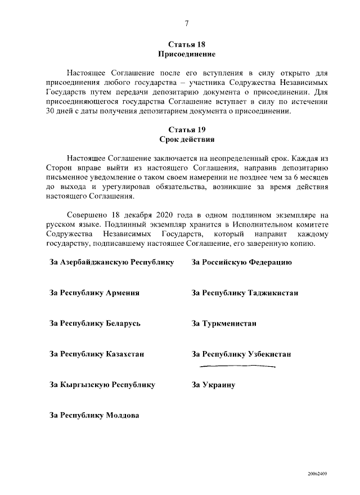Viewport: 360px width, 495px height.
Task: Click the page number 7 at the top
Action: tap(186, 23)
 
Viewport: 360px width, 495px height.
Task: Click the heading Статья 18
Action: tap(186, 44)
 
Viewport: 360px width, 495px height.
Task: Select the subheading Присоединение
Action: tap(186, 55)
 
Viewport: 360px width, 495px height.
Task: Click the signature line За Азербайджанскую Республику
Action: tap(112, 262)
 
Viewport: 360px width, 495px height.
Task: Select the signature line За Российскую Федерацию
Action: tap(241, 262)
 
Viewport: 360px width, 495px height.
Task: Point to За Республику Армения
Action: tap(94, 293)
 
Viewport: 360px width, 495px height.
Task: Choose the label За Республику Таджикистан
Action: tap(245, 293)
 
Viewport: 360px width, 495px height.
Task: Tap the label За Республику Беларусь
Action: tap(95, 323)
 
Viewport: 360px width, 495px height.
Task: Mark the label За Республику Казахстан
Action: tap(97, 354)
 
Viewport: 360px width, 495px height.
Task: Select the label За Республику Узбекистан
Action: tap(241, 354)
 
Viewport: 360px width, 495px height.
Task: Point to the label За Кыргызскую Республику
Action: tap(102, 385)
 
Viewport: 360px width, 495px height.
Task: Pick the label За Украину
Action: tap(213, 385)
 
